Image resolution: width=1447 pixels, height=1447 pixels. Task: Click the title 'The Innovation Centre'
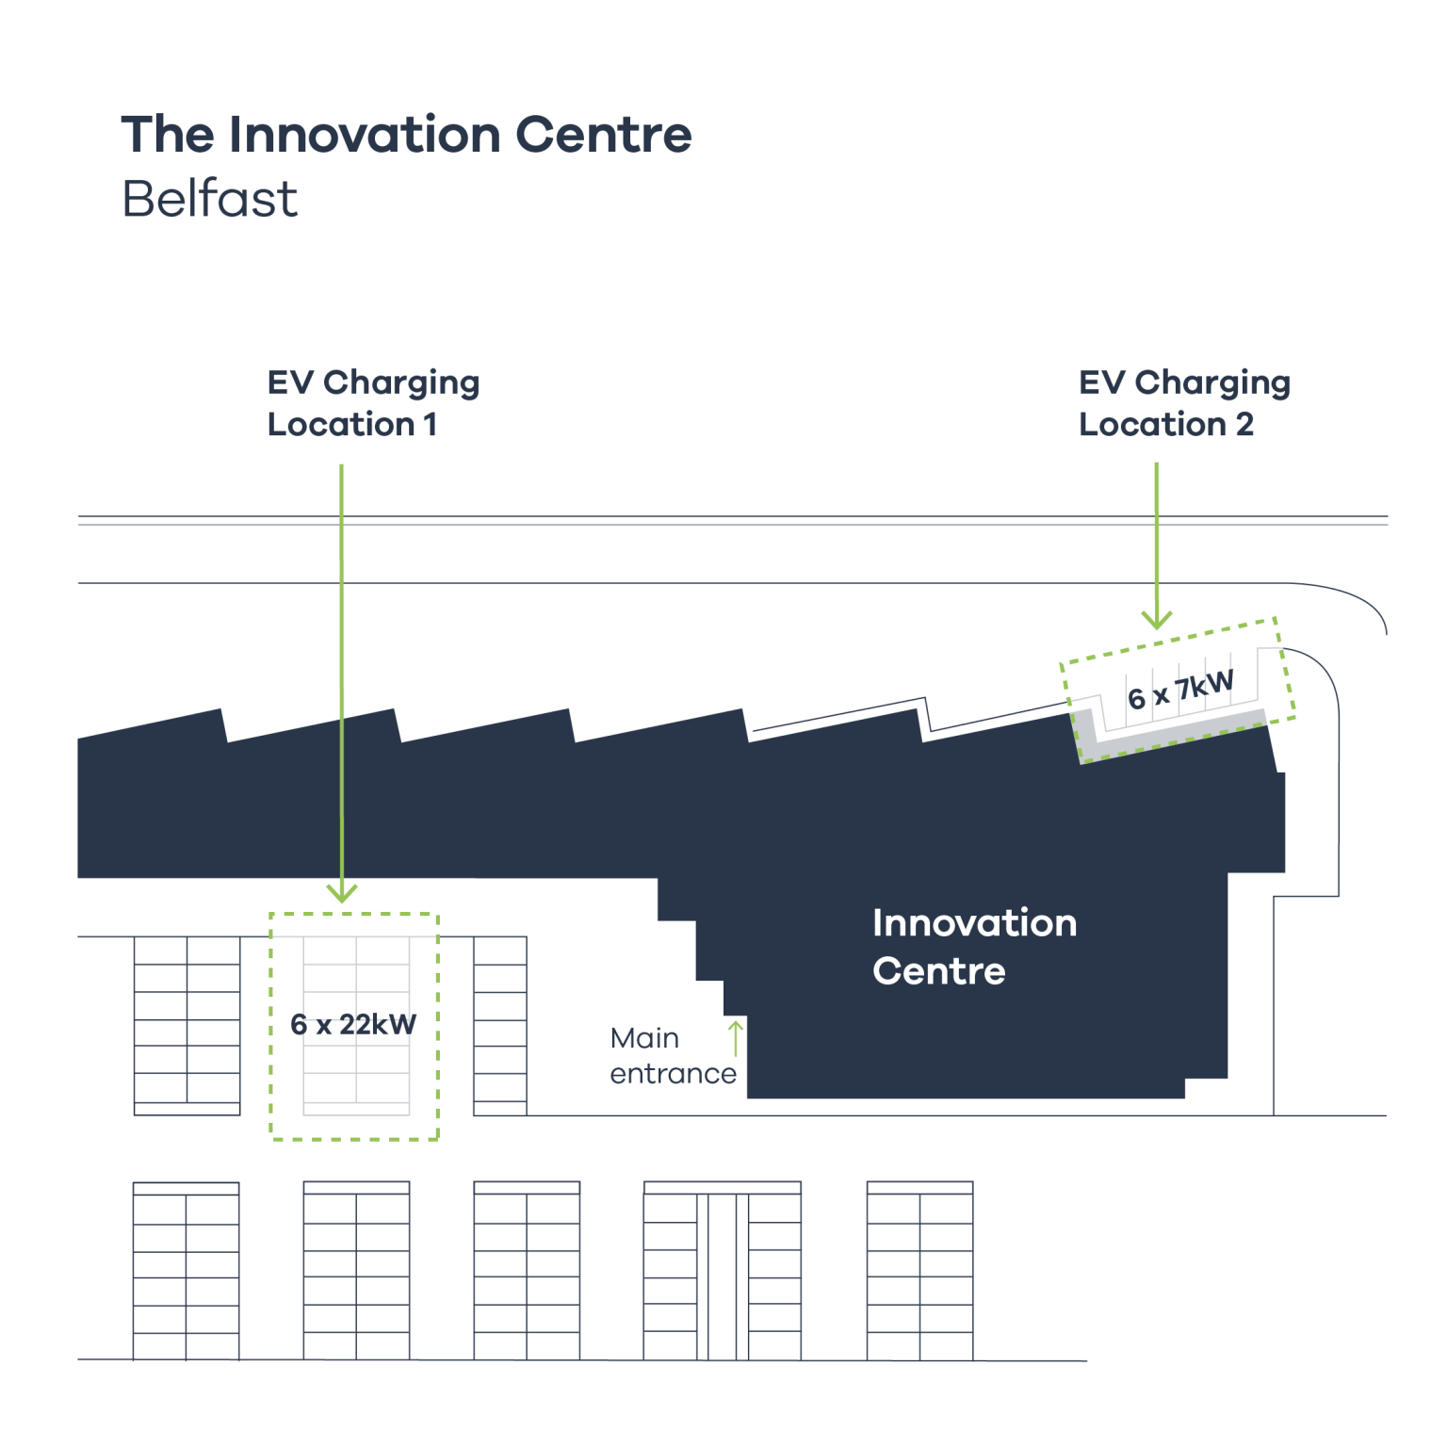click(406, 135)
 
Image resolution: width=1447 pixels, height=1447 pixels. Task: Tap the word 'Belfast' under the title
click(209, 199)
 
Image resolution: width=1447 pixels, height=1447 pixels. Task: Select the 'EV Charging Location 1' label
click(373, 403)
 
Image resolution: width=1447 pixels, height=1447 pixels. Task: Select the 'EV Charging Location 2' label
click(1184, 403)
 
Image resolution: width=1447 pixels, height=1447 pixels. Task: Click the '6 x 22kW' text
click(353, 1024)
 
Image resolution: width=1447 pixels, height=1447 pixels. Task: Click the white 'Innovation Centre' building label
click(974, 947)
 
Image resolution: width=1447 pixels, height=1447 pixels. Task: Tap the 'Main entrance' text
click(673, 1056)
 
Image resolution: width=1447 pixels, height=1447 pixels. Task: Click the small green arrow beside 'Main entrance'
click(735, 1037)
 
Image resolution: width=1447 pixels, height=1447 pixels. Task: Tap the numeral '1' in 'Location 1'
click(431, 425)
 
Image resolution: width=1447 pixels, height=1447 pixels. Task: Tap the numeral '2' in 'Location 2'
click(1244, 425)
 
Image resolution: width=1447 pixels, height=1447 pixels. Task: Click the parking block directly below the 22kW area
click(356, 1271)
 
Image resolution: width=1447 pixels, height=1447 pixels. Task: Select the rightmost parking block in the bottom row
click(919, 1271)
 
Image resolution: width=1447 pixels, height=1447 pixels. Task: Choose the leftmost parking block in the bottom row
click(186, 1271)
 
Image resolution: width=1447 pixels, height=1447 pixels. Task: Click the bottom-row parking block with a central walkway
click(722, 1271)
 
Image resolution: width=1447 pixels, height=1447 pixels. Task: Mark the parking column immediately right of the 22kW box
click(500, 1026)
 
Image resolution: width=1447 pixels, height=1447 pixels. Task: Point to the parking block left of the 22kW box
click(187, 1026)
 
